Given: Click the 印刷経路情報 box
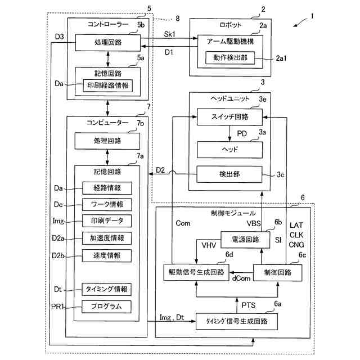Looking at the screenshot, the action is point(107,85).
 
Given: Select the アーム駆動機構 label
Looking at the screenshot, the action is point(230,42).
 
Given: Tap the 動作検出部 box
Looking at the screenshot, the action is point(230,57).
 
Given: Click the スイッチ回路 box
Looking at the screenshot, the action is point(229,117).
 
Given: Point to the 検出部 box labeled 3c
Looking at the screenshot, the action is point(229,174).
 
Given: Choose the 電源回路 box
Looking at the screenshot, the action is point(245,240).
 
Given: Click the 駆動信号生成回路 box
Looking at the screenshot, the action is point(196,272).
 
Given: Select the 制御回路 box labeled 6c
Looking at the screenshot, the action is point(277,272).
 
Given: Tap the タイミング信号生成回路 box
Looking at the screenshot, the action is point(236,321).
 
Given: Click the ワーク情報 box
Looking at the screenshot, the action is point(107,204).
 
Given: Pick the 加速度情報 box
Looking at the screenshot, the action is point(107,238).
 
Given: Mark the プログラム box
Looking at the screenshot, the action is point(106,307).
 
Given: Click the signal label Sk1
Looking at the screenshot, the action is point(170,34).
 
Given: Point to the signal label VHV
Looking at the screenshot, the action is point(209,245).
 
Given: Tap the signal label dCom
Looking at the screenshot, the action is point(241,278).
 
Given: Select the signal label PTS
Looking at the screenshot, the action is point(249,305).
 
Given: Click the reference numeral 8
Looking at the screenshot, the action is point(178,19).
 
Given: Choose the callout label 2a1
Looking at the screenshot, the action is point(281,58).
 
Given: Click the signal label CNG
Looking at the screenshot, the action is point(296,245).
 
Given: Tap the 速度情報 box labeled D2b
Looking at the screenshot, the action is point(107,255).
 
